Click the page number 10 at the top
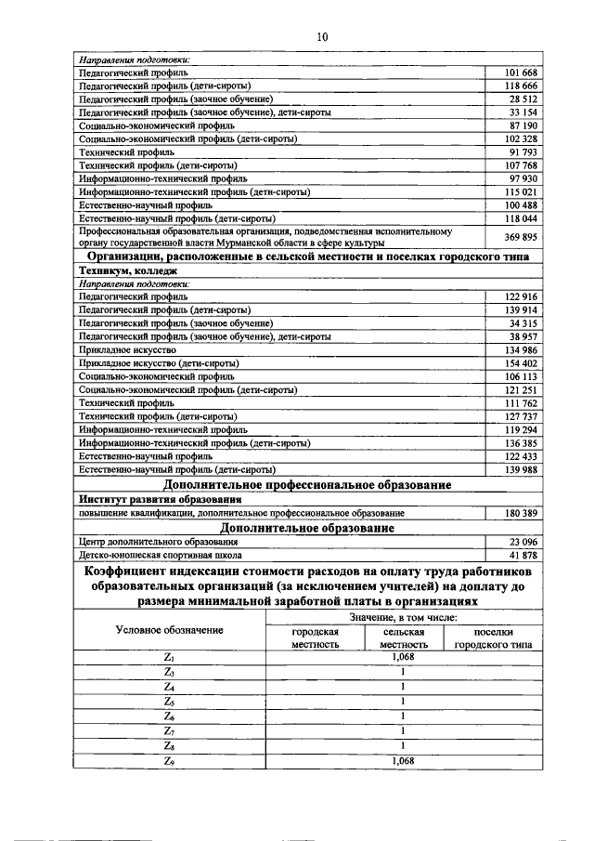click(x=322, y=36)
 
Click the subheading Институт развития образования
click(x=151, y=500)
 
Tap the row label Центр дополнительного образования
click(x=152, y=542)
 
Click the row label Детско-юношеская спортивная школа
click(x=156, y=555)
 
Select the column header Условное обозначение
click(x=169, y=630)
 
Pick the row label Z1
click(x=169, y=656)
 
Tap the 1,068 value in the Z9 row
click(x=403, y=760)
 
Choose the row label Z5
click(x=169, y=701)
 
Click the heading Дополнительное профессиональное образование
click(x=306, y=485)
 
